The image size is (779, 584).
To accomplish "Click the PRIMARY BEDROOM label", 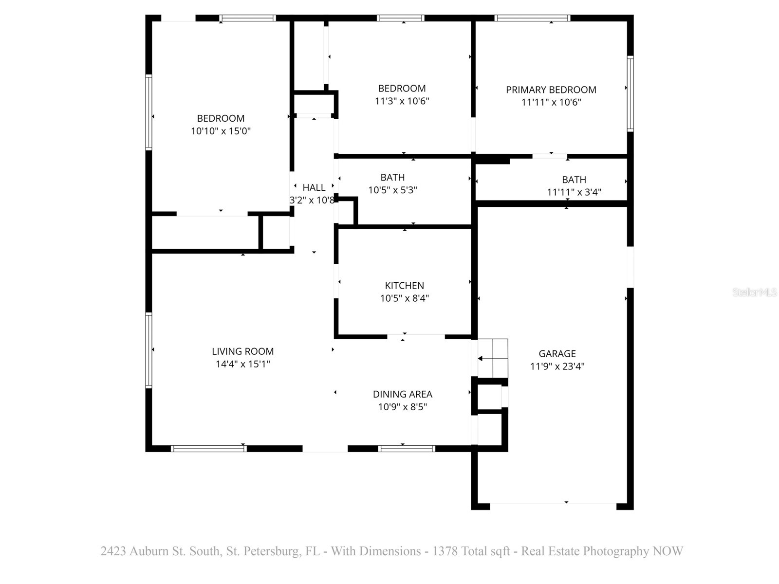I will (x=551, y=90).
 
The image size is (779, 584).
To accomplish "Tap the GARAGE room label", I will (x=557, y=354).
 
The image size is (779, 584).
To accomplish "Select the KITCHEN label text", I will (x=404, y=286).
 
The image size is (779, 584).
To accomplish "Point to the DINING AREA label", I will (x=402, y=394).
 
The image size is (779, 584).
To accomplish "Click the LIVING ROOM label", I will (x=242, y=351).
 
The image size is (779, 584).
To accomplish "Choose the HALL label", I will (x=314, y=187).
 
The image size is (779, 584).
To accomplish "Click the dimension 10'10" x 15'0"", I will (x=221, y=131).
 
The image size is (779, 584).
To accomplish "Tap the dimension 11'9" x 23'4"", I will (x=557, y=366).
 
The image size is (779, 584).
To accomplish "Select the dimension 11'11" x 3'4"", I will (x=574, y=192).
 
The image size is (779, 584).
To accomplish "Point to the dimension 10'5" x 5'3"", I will (x=392, y=190).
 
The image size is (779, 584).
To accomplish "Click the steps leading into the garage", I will (x=493, y=358).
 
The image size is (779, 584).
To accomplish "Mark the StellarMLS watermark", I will (x=754, y=292).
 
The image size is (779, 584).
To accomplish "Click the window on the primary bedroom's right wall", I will (x=630, y=94).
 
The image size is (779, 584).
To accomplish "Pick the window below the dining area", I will (x=406, y=449).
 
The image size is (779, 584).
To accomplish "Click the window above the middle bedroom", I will (x=401, y=18).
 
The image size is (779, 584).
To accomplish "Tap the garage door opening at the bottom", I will (x=553, y=506).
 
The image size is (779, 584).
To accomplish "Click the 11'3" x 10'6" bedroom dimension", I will (x=402, y=101).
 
